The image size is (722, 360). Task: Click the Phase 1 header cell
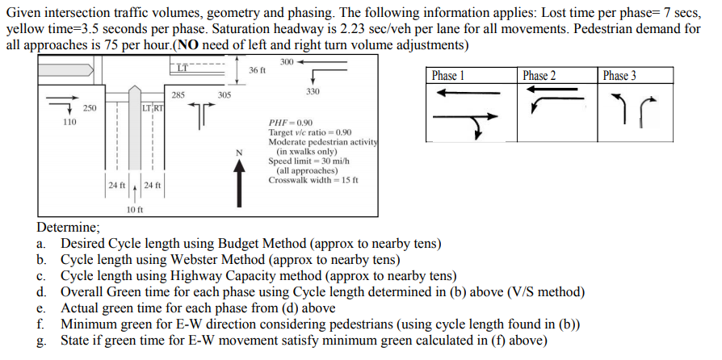point(448,76)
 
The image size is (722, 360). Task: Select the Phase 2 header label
point(539,76)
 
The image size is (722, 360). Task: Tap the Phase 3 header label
point(619,76)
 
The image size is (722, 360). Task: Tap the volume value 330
point(313,92)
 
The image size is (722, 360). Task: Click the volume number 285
point(178,95)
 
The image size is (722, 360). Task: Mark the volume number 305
point(225,95)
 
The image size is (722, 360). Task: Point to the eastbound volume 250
point(90,107)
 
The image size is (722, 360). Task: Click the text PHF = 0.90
point(291,123)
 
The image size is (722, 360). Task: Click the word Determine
point(68,228)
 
